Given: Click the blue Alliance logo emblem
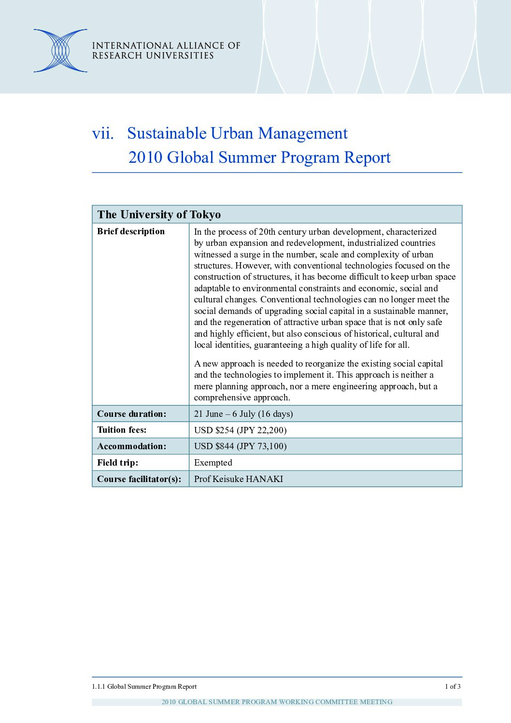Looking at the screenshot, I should [60, 51].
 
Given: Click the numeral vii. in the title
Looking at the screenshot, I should [103, 134].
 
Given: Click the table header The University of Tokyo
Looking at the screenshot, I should [159, 214].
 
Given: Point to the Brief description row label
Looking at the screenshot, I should [131, 231].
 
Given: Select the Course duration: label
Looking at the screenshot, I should [131, 414].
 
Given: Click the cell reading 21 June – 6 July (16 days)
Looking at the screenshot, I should [243, 414].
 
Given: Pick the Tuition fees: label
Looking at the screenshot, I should [122, 430].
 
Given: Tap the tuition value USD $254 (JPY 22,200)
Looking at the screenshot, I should [240, 430].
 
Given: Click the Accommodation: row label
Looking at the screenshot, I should [131, 446].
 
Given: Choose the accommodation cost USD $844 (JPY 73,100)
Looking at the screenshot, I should [240, 446].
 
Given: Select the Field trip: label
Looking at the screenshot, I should [117, 463].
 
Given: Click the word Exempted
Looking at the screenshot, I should [213, 463].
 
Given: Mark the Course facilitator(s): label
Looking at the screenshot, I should [139, 479].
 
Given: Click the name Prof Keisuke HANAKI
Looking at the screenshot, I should [239, 479].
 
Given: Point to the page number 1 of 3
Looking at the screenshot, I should [453, 686].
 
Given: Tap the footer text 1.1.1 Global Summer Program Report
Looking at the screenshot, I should [144, 686].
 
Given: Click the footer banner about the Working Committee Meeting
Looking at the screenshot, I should [277, 702].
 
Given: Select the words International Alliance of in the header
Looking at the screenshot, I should [166, 45].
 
